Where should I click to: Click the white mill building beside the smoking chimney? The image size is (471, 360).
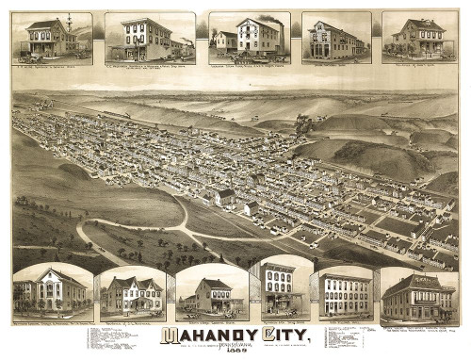[x=256, y=37]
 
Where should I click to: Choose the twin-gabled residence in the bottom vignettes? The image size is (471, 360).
[x=133, y=295]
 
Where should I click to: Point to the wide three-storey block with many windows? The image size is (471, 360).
[x=345, y=295]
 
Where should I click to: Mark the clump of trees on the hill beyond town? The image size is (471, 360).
[x=302, y=123]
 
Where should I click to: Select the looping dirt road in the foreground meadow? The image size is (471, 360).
[x=132, y=240]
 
